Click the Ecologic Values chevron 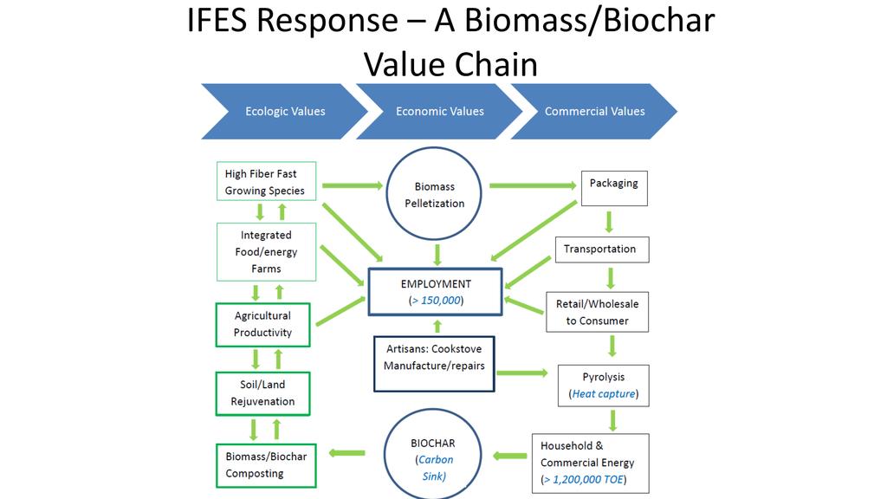[284, 111]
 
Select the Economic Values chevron [439, 111]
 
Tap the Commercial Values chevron [594, 111]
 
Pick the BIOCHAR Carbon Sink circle [433, 459]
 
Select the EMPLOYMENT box [435, 291]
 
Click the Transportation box [600, 249]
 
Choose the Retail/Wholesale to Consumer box [597, 312]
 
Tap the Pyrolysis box [604, 386]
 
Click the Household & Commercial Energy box [588, 462]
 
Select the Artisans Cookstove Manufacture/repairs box [434, 364]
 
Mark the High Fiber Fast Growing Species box [265, 182]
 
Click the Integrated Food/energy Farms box [266, 251]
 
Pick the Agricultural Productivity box [262, 324]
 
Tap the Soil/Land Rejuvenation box [262, 392]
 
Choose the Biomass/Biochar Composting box [262, 464]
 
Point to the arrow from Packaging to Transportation [609, 221]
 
